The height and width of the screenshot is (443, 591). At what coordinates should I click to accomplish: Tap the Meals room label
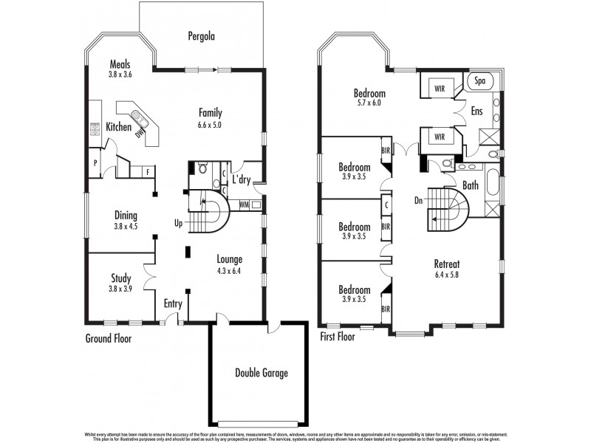120,64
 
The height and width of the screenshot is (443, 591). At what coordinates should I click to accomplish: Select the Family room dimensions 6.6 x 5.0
210,125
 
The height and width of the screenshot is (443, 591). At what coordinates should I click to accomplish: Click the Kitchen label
118,127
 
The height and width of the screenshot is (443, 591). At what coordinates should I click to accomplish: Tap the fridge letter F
148,172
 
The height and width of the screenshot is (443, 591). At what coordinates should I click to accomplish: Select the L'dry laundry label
241,179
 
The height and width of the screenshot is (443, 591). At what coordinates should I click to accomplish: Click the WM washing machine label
245,205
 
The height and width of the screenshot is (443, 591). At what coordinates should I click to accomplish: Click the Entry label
172,303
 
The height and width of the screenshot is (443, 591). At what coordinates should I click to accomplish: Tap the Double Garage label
262,373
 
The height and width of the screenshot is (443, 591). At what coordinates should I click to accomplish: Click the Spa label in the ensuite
479,80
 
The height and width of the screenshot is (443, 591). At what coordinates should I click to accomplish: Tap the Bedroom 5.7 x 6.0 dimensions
369,104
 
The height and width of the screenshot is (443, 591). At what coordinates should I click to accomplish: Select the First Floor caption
338,337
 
